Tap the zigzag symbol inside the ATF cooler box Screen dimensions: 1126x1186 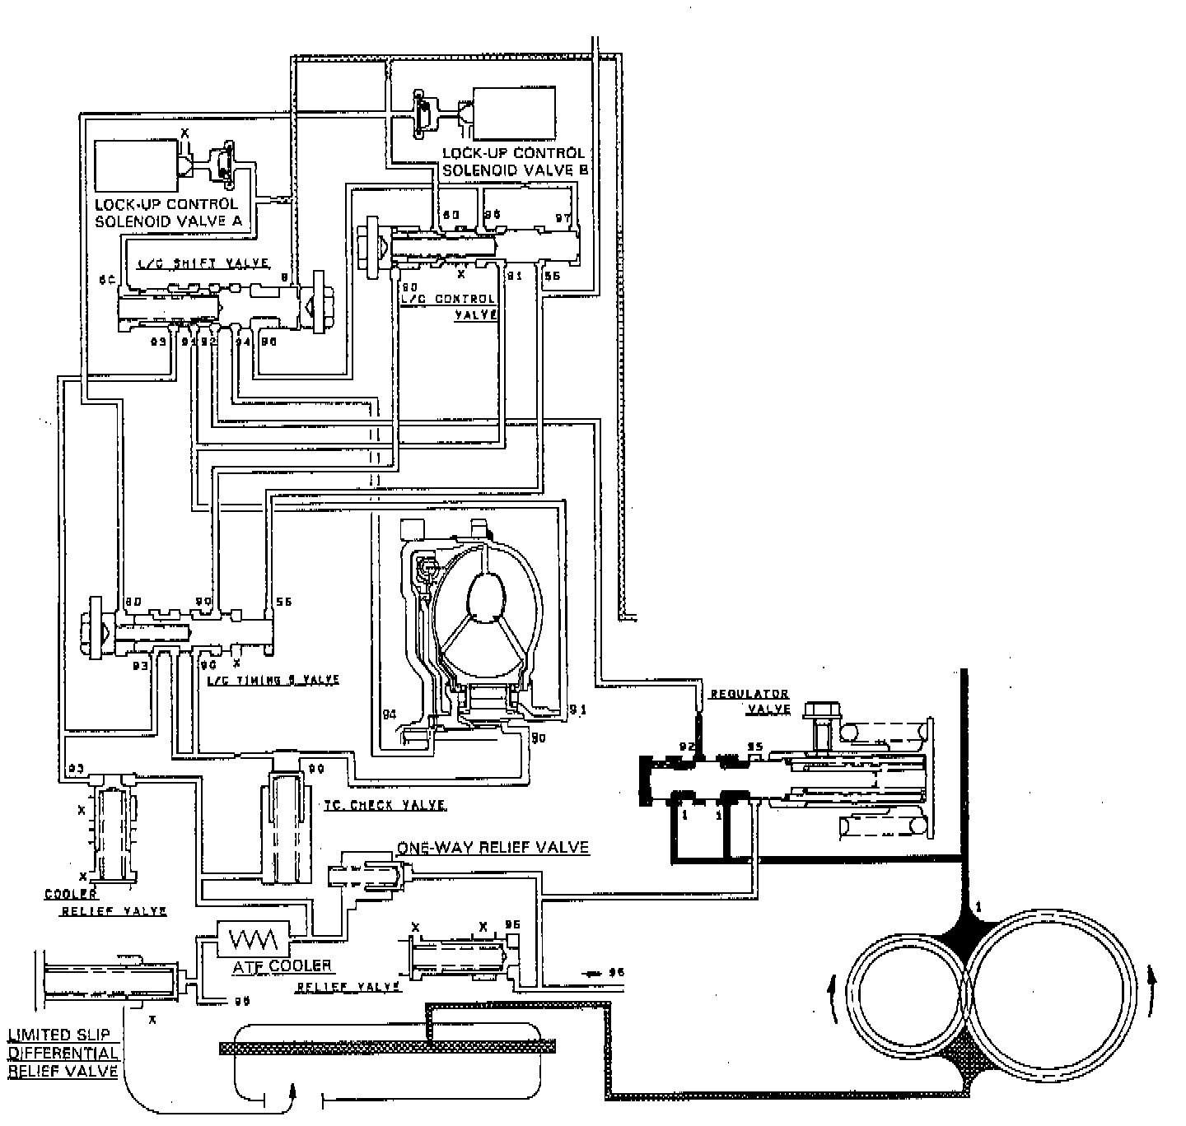(252, 938)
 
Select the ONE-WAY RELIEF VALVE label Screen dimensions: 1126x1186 (493, 847)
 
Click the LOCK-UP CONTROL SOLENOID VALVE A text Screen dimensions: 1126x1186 (166, 212)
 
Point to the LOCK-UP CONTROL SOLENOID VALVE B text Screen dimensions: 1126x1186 (513, 161)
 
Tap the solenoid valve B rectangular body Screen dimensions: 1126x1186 (515, 114)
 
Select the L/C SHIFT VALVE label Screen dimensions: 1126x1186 (203, 263)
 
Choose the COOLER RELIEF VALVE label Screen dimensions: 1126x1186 (105, 902)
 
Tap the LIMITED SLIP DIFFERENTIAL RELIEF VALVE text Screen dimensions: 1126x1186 (63, 1052)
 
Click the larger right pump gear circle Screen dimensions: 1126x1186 (1048, 984)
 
